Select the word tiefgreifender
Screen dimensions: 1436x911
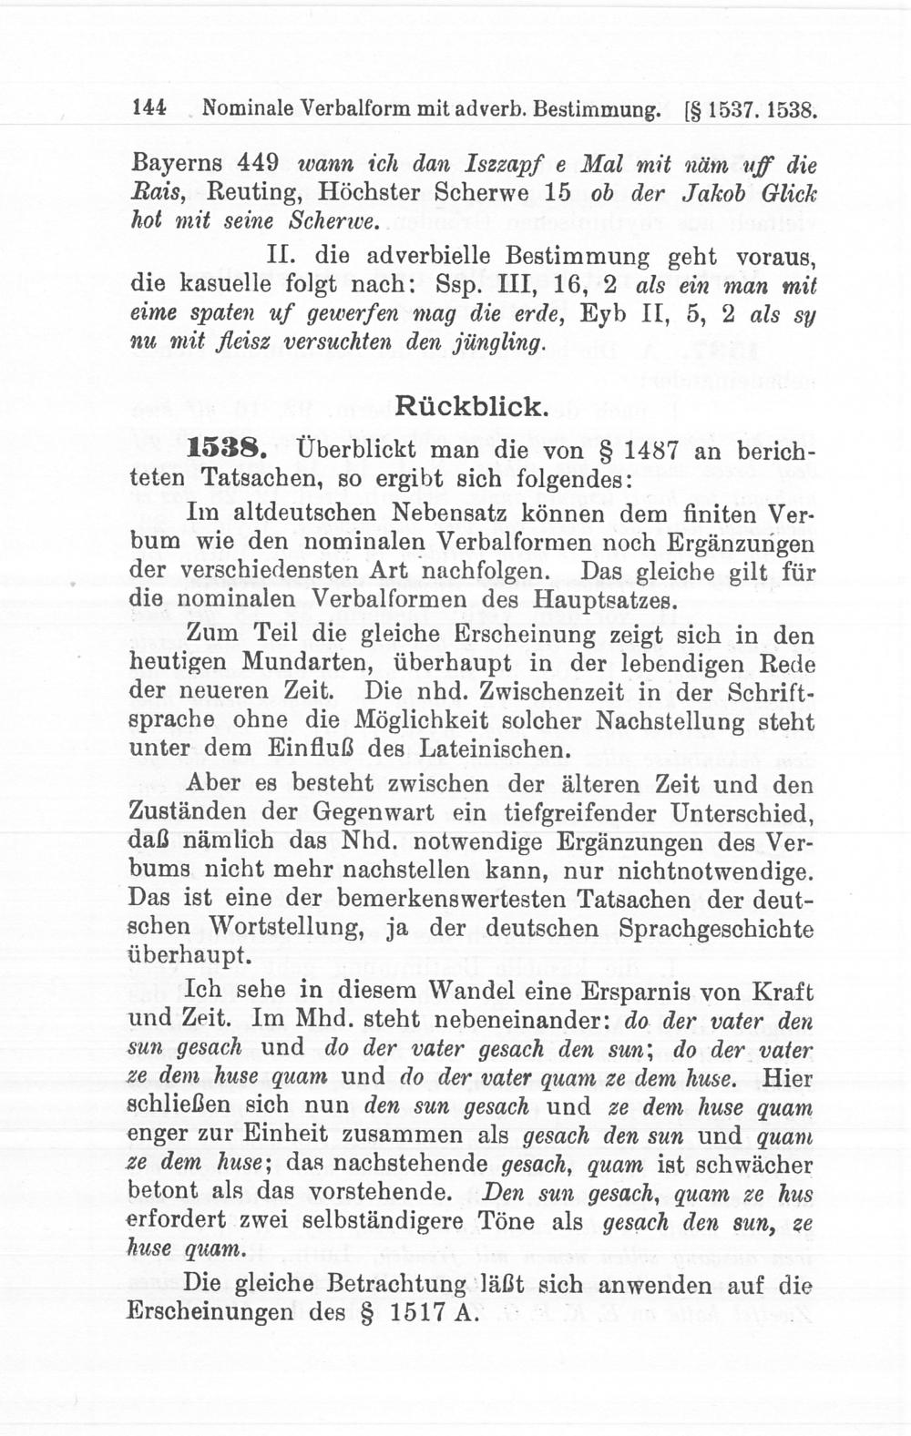tap(565, 811)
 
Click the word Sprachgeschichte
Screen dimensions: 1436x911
tap(716, 929)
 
